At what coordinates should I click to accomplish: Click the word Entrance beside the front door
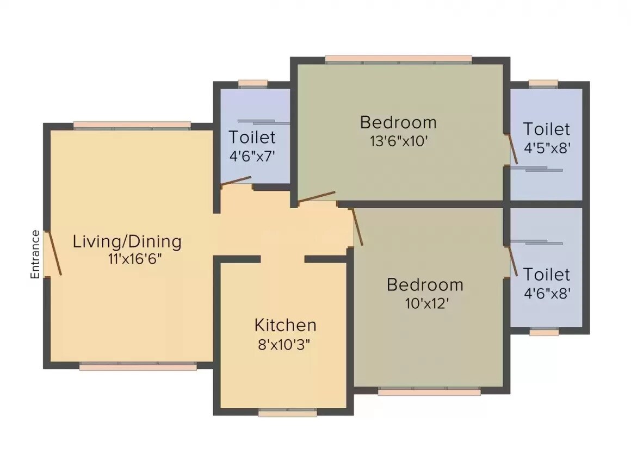(x=35, y=254)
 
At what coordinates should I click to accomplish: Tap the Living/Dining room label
(x=127, y=241)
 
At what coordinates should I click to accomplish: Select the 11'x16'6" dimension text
(x=135, y=259)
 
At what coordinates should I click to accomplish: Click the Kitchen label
(x=285, y=325)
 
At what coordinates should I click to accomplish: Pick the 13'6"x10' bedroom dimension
(x=399, y=141)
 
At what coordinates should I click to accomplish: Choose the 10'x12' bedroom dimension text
(x=425, y=303)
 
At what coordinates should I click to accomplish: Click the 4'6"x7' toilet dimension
(x=252, y=156)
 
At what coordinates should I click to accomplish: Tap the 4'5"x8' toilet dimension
(x=547, y=148)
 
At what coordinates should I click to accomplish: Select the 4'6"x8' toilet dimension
(x=547, y=294)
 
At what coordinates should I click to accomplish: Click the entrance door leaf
(x=53, y=253)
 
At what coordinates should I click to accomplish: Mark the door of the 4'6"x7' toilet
(x=236, y=182)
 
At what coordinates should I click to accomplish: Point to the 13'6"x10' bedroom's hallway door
(x=316, y=197)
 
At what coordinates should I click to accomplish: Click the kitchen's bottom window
(x=287, y=413)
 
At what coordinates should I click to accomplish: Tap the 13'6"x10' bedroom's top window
(x=398, y=59)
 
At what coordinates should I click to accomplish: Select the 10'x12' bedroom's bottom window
(x=429, y=391)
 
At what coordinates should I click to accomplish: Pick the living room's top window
(x=132, y=125)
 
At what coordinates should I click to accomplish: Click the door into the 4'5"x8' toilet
(x=511, y=149)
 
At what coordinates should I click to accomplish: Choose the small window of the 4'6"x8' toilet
(x=543, y=332)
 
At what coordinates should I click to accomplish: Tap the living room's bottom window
(x=138, y=367)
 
